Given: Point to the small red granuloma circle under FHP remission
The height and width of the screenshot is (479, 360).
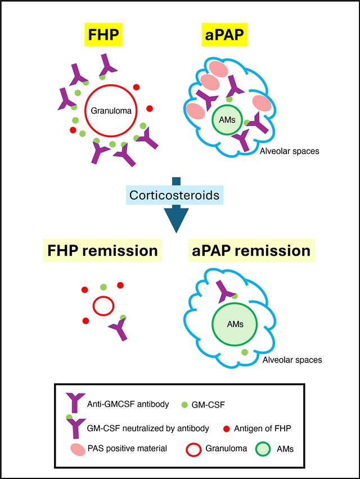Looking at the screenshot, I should (x=102, y=307).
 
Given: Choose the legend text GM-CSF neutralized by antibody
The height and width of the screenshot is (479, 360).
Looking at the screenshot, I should (x=148, y=428).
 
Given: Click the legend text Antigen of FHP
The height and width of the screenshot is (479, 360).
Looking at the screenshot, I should (x=266, y=428).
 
